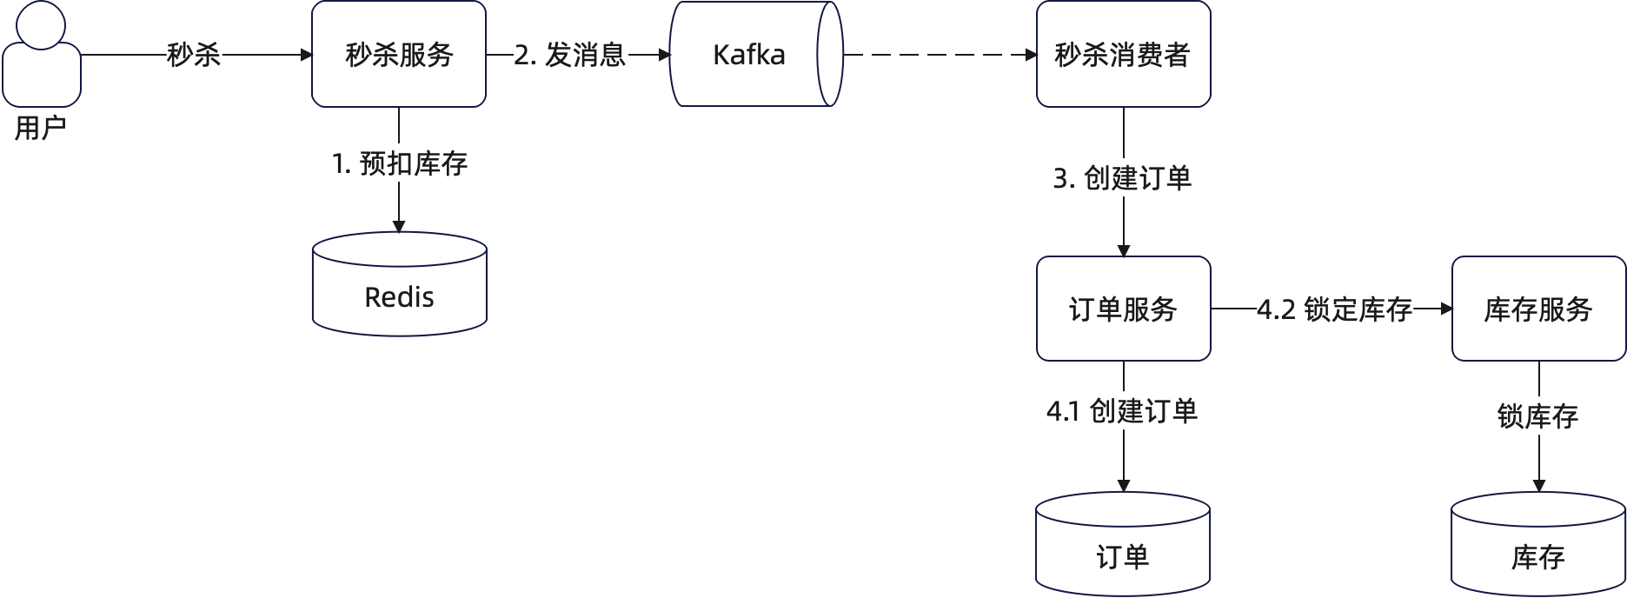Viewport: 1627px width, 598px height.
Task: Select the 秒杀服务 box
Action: [399, 55]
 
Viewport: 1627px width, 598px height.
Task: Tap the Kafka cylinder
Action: [749, 55]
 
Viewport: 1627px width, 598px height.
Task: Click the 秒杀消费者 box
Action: [1123, 55]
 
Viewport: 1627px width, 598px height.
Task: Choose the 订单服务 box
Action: [1123, 309]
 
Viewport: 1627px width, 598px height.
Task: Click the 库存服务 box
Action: [1538, 309]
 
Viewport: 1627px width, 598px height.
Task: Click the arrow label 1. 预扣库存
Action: [400, 163]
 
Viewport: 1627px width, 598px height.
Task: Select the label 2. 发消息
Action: [570, 55]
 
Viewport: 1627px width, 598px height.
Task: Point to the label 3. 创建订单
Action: [1123, 178]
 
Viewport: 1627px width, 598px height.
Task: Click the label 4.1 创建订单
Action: [1123, 410]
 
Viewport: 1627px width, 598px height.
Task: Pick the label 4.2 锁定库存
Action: [1335, 309]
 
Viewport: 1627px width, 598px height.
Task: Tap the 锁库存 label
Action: [1538, 417]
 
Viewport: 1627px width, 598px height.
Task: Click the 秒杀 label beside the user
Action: [194, 56]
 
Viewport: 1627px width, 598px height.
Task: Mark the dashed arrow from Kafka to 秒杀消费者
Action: [939, 55]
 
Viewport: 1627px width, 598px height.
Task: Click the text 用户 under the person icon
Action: [40, 129]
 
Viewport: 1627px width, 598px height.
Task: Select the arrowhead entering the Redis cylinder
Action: [399, 226]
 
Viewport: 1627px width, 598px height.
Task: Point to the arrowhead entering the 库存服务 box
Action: [1446, 309]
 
